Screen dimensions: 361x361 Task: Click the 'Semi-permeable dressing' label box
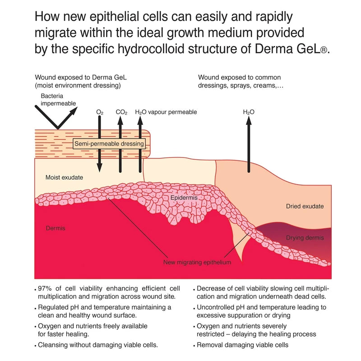[x=110, y=144]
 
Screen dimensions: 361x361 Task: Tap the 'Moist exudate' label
[x=64, y=177]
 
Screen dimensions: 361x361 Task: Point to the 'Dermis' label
[x=56, y=228]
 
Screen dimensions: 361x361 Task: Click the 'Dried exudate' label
[x=305, y=206]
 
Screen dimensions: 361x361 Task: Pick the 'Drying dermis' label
[x=305, y=238]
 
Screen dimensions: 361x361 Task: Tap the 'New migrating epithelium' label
[x=198, y=262]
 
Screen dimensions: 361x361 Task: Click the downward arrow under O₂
[x=99, y=144]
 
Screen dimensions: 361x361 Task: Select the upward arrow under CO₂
[x=120, y=144]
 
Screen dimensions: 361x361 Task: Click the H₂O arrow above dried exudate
[x=248, y=144]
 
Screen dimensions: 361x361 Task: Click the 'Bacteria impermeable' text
[x=58, y=100]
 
